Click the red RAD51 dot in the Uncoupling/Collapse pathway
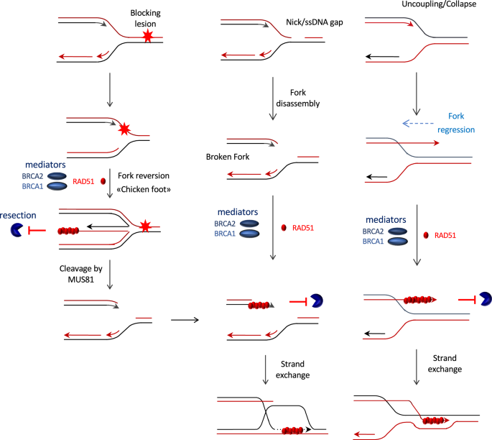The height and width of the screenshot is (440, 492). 429,235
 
